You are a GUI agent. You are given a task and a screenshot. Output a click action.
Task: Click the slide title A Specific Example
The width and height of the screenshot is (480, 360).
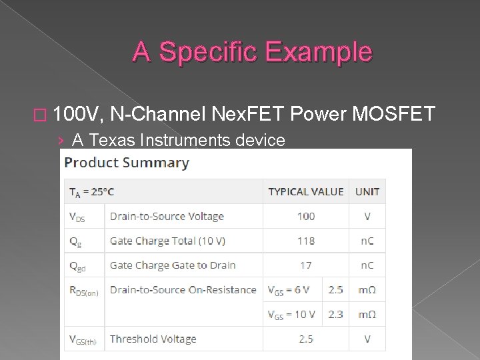252,51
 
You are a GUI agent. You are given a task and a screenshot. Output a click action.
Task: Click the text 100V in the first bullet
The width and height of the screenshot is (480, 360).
77,114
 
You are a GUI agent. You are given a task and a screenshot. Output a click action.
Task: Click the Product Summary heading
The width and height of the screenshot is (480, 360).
126,162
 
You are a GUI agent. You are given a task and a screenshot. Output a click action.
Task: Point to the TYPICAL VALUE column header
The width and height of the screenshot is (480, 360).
306,191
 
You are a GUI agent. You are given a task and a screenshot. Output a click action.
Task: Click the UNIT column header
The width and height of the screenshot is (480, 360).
367,191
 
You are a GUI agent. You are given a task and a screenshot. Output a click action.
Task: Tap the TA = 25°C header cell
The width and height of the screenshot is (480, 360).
91,192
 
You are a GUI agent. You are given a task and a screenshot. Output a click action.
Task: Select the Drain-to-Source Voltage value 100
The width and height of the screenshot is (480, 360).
306,216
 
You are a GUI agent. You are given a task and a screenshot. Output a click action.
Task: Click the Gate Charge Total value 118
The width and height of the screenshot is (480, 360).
306,241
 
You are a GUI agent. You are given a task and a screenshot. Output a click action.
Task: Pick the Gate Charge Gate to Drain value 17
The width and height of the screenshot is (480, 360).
306,265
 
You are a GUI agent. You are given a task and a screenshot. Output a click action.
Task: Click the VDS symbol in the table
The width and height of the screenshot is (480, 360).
77,217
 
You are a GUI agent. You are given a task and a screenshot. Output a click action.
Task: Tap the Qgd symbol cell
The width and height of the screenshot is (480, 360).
79,266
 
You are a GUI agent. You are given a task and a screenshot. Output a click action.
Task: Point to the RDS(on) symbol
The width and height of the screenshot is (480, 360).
83,291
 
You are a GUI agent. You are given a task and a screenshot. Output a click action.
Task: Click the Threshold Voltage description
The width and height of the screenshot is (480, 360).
153,339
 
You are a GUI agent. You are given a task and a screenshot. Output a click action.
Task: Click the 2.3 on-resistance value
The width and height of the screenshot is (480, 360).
335,314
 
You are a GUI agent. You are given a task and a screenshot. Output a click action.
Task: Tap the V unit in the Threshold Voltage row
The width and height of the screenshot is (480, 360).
367,339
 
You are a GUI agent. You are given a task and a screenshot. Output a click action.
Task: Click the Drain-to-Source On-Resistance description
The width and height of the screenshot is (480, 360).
183,289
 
